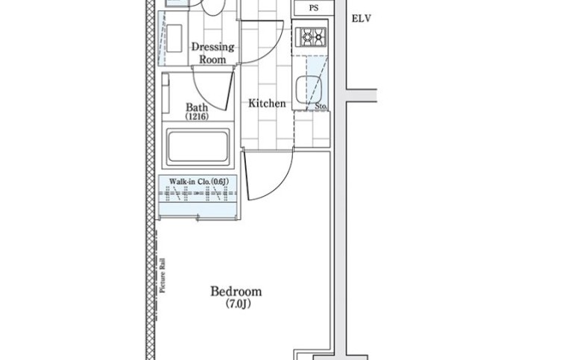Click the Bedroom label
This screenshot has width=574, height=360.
coord(236,291)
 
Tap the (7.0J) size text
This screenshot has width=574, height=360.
coord(239,304)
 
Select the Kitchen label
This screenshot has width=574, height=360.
coord(267,104)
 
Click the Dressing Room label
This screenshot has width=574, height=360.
coord(212,53)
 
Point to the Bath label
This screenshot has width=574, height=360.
coord(197,107)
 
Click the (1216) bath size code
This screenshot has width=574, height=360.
coord(197,117)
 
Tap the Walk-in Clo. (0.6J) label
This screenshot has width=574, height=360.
coord(199,181)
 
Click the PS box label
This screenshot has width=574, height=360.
coord(314,8)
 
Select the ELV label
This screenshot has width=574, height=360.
coord(362,19)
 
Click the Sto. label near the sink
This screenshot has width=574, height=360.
coord(321,106)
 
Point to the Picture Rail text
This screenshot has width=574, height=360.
coord(163,276)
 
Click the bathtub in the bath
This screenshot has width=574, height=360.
coord(198,147)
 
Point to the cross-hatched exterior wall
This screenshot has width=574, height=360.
coord(150,180)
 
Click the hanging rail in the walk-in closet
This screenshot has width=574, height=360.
coord(198,193)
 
